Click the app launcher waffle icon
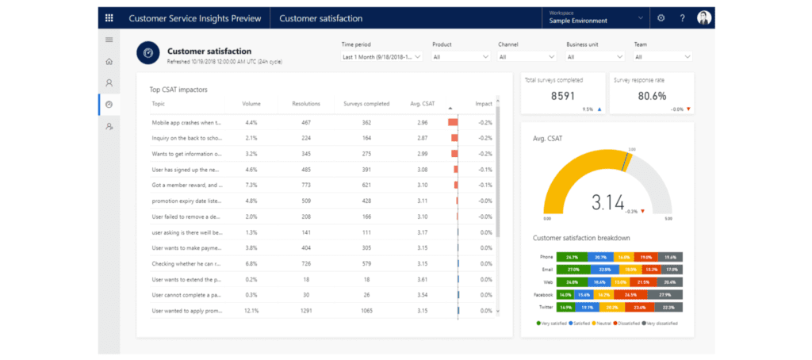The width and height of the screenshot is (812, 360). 109,17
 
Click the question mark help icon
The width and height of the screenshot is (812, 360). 682,17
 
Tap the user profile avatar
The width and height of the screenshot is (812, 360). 704,17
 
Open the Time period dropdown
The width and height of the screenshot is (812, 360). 381,57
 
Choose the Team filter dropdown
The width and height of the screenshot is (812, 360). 664,57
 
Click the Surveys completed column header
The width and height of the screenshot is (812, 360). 366,104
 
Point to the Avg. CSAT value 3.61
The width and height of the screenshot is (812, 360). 422,280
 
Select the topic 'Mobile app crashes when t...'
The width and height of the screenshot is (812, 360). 186,123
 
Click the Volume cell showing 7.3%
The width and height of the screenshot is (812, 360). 251,186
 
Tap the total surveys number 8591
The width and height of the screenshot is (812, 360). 563,95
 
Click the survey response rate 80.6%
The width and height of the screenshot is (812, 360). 652,95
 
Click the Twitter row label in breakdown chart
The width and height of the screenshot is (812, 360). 546,307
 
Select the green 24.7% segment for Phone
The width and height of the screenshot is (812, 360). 573,257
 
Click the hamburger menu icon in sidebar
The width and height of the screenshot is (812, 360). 109,40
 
